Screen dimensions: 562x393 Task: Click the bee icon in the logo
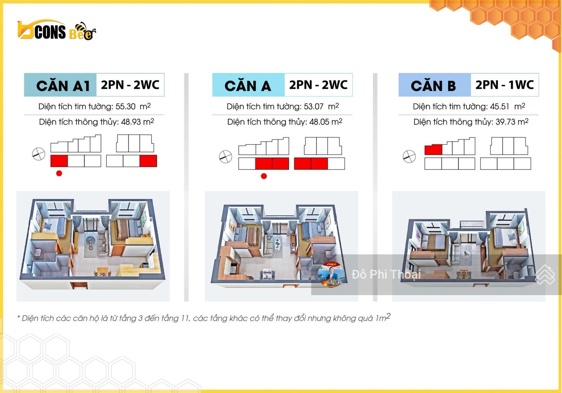[x=86, y=31]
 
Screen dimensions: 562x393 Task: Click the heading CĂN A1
[x=63, y=86]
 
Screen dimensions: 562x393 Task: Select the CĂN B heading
[x=433, y=86]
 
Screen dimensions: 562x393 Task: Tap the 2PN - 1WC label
[x=504, y=85]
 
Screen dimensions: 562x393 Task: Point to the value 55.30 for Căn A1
[x=125, y=107]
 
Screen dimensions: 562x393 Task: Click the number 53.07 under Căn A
[x=314, y=107]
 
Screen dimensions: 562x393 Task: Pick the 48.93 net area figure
[x=131, y=122]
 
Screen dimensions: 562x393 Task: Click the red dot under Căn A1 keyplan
[x=59, y=173]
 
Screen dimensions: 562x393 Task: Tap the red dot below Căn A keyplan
[x=264, y=176]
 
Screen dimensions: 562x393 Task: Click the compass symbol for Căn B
[x=409, y=156]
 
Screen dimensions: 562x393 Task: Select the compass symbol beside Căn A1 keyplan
[x=39, y=154]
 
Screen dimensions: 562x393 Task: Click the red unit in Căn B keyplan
[x=433, y=149]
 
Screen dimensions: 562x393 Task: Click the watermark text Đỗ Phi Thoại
[x=386, y=274]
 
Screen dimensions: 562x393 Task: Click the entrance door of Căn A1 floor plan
[x=79, y=285]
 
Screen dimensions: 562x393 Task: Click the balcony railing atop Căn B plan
[x=472, y=224]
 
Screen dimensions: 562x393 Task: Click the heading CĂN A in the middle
[x=248, y=86]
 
